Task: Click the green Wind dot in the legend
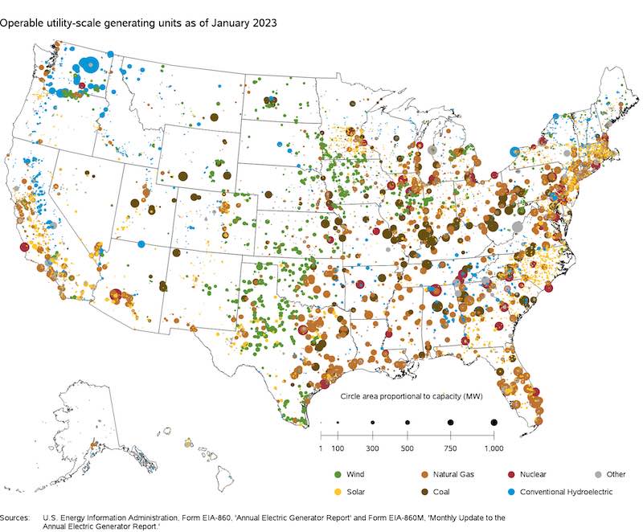(338, 474)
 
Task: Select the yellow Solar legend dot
(338, 490)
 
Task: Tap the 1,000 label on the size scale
(493, 447)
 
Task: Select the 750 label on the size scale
(451, 447)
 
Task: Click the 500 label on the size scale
(408, 447)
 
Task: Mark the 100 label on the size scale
(338, 447)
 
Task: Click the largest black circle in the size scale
(494, 422)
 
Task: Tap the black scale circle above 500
(408, 422)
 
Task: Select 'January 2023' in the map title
(246, 23)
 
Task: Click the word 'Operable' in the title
(23, 23)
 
